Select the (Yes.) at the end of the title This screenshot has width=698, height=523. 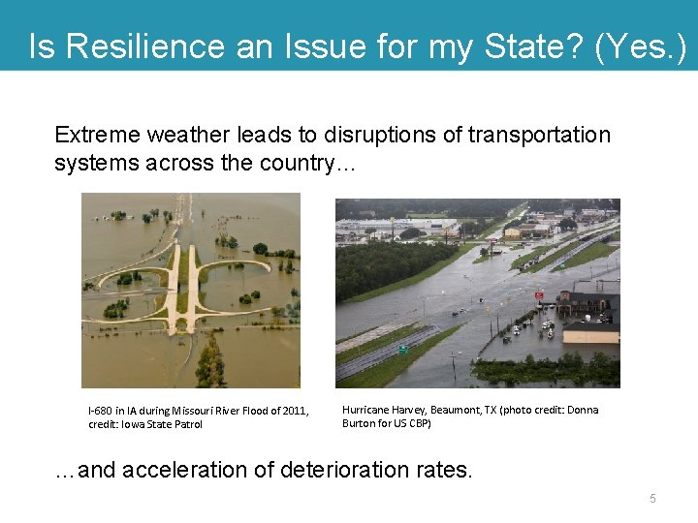pos(640,46)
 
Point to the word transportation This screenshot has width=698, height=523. pos(539,135)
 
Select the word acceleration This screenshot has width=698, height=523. pos(185,470)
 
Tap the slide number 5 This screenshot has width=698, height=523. pos(652,498)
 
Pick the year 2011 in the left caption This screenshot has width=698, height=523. pos(290,411)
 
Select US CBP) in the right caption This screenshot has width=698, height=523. pos(412,423)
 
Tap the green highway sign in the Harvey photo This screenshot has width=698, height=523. pos(403,350)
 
